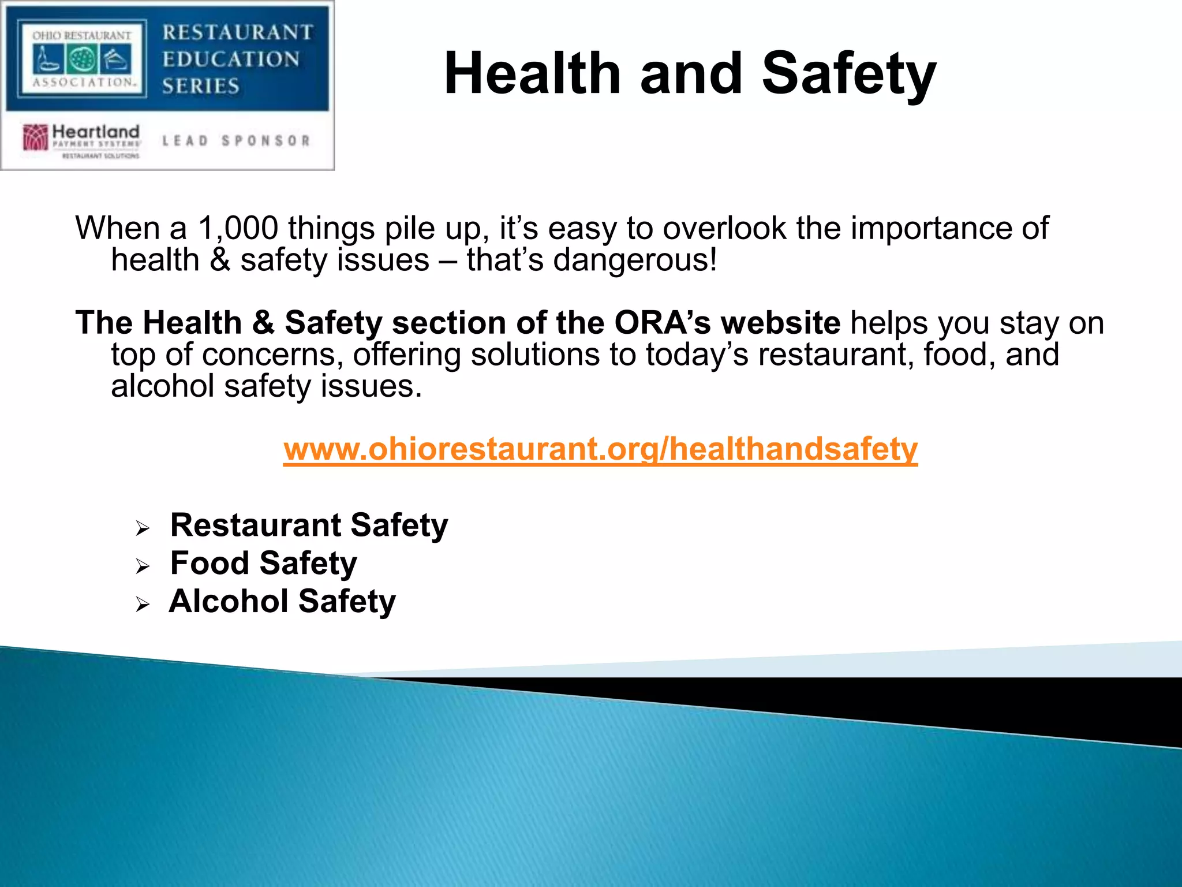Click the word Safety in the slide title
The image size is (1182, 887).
tap(849, 73)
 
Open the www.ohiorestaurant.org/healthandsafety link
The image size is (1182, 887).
tap(600, 449)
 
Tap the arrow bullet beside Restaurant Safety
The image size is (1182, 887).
tap(143, 528)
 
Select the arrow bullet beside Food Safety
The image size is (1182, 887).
tap(143, 566)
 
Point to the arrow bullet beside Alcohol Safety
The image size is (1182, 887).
tap(143, 604)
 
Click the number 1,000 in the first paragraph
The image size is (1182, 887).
tap(238, 228)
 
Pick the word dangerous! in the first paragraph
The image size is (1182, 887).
tap(635, 260)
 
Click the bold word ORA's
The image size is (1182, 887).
tap(663, 322)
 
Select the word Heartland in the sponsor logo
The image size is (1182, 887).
tap(96, 132)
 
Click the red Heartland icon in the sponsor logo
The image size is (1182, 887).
tap(35, 137)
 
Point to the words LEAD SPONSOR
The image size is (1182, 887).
tap(236, 141)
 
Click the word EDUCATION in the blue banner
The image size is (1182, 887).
tap(231, 59)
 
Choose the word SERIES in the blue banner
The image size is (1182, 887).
tap(201, 86)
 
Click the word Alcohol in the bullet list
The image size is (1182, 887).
tap(229, 601)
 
